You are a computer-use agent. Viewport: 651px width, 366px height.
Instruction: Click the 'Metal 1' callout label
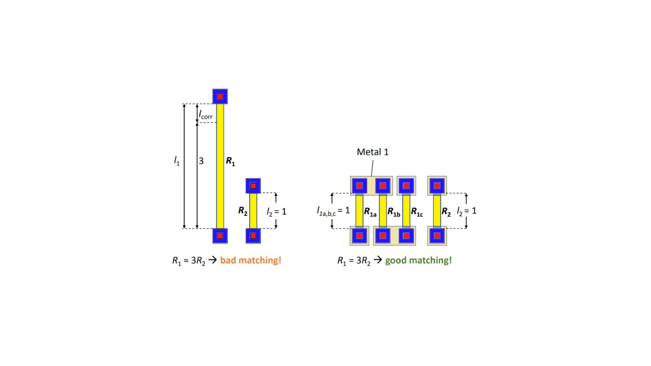point(373,152)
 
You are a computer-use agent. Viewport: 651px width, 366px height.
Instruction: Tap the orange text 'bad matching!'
point(251,260)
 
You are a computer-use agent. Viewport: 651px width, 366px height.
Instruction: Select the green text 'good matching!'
point(418,260)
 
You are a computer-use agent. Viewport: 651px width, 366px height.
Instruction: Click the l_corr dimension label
point(205,114)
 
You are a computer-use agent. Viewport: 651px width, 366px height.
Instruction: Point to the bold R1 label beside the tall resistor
point(231,162)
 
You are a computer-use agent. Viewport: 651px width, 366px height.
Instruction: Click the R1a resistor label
point(370,212)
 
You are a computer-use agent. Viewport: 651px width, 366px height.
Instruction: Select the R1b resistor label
point(394,212)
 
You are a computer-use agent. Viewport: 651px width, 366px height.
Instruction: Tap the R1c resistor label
point(417,212)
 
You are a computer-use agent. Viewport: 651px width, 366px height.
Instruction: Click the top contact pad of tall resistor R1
point(220,97)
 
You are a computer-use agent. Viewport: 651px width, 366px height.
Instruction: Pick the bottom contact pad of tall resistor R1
point(220,236)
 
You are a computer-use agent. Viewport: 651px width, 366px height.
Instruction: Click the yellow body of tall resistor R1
point(220,166)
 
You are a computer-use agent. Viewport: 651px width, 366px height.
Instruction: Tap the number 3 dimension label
point(201,161)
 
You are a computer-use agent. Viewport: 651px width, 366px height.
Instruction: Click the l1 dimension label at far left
point(177,161)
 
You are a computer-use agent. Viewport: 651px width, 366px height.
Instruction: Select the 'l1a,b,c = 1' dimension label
point(333,211)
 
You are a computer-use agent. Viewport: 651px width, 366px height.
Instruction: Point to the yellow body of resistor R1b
point(383,211)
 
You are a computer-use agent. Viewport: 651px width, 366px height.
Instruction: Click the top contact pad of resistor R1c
point(407,185)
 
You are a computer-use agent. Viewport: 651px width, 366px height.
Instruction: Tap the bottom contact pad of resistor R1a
point(359,236)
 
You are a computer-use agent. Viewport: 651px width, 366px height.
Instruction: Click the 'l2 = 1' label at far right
point(467,211)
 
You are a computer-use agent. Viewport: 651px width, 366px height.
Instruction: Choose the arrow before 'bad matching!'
point(213,260)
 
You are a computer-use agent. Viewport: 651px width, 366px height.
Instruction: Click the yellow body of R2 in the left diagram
point(253,211)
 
